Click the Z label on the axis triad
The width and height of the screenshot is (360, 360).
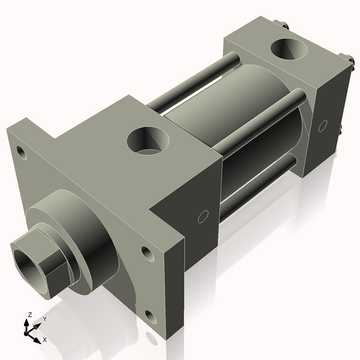coord(30,315)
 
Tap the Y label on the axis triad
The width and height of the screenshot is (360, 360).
coord(44,319)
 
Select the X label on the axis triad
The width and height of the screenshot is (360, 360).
coord(46,340)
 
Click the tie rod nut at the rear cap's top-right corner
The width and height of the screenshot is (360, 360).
coord(347,59)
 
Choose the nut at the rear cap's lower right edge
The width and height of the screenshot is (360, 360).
coord(340,130)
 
